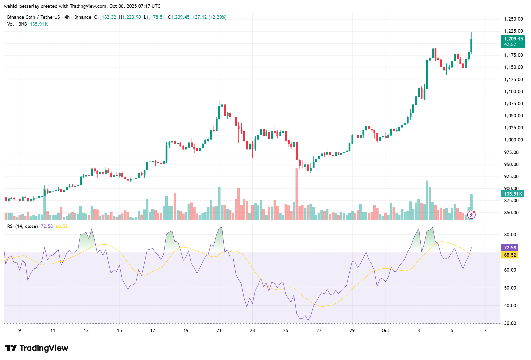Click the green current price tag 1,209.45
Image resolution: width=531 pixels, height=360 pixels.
(512, 39)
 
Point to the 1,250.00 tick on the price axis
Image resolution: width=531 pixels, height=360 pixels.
(513, 19)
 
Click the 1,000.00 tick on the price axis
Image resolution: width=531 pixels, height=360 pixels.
(513, 140)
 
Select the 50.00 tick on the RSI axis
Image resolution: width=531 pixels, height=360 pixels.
(510, 288)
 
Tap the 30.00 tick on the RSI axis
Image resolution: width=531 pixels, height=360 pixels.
(510, 323)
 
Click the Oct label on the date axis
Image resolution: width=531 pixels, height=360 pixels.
(385, 331)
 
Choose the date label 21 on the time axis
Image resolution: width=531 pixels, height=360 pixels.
(219, 331)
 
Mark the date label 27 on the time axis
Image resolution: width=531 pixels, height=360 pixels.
(319, 331)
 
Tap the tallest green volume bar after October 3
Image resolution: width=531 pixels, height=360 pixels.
(427, 200)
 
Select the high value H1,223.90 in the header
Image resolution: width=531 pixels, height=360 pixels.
(130, 17)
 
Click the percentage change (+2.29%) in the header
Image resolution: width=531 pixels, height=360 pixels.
(218, 17)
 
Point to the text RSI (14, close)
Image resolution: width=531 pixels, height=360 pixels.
(22, 226)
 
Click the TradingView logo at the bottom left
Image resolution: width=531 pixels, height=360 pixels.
(36, 348)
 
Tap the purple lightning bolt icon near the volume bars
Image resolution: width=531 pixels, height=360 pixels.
(471, 215)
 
